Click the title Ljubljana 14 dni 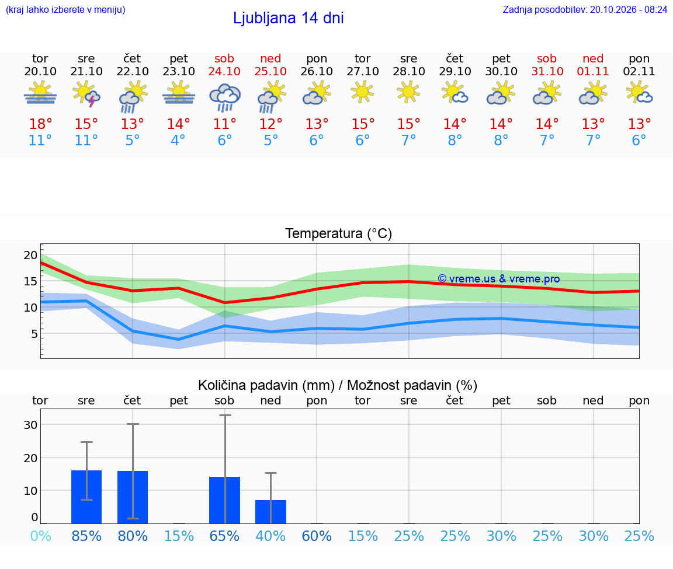click(x=288, y=18)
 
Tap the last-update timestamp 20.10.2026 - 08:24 click(x=629, y=10)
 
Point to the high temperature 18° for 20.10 click(x=40, y=124)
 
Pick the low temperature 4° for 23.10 click(x=178, y=140)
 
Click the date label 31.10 click(x=547, y=71)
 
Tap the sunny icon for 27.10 click(x=362, y=92)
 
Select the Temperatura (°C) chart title click(x=339, y=233)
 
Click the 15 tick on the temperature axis click(x=30, y=281)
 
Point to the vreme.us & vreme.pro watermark click(x=499, y=279)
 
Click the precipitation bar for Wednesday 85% click(x=86, y=497)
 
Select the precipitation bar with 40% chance click(x=271, y=512)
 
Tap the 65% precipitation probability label click(x=224, y=536)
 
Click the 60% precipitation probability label click(x=317, y=536)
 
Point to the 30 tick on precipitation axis click(x=30, y=425)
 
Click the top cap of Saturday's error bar click(x=225, y=415)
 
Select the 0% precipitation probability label click(x=41, y=536)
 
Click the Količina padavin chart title click(x=338, y=385)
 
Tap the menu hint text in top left click(x=65, y=10)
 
